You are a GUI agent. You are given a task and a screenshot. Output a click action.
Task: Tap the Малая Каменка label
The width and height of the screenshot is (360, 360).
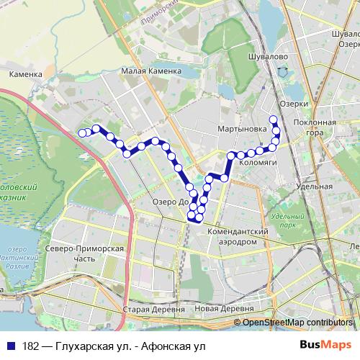tap(148, 71)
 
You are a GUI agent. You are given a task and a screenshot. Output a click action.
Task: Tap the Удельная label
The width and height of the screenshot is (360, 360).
tap(314, 186)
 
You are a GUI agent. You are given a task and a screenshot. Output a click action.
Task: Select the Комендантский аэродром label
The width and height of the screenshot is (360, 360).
tap(238, 237)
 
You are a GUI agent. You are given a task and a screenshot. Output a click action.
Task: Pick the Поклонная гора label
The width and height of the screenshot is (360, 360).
tap(315, 127)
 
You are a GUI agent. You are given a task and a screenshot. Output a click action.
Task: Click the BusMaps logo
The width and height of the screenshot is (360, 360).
tap(325, 345)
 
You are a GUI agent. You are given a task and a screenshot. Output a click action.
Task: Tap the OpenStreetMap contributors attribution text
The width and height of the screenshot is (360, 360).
tap(299, 322)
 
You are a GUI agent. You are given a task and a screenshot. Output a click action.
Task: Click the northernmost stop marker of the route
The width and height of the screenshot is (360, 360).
tap(273, 120)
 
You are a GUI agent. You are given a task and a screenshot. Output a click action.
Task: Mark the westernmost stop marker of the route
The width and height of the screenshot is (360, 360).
tap(81, 132)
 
